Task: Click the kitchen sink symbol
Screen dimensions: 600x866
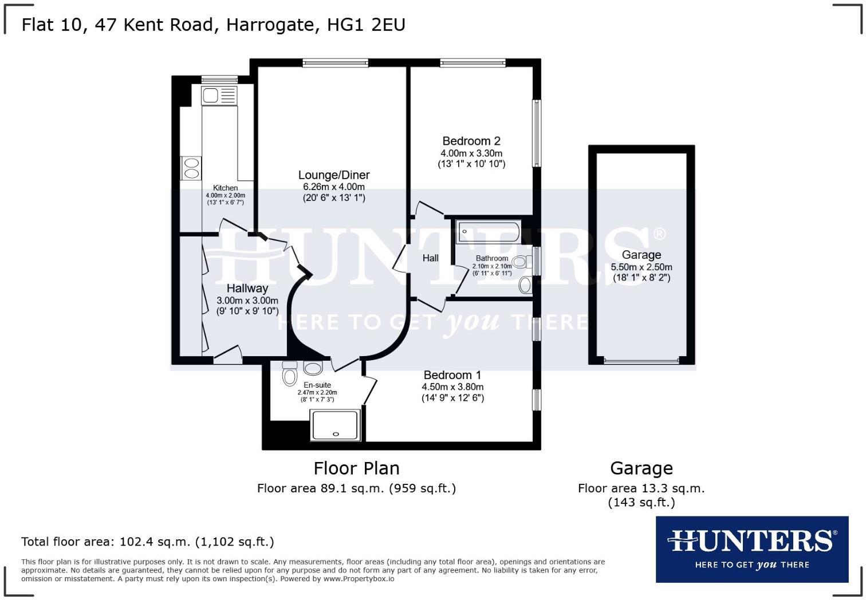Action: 219,96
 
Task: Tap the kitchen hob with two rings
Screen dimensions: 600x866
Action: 191,168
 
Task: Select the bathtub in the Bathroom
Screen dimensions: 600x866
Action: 488,232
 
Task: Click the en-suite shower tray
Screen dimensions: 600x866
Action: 335,425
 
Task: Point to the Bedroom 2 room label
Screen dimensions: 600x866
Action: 471,141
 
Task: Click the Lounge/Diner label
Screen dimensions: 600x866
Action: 334,175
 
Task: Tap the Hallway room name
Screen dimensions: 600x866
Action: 247,289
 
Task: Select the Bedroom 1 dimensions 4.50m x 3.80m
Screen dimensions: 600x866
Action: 452,387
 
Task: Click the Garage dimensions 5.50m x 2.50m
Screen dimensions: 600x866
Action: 641,267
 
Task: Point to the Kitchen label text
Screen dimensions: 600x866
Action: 226,188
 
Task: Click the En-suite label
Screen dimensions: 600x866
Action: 317,385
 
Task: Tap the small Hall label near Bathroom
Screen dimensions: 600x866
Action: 431,258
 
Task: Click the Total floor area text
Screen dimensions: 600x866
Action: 148,542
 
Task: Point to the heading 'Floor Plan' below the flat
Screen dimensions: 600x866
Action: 356,468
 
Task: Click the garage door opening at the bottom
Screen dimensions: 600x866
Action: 641,361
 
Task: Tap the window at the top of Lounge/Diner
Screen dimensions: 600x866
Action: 336,63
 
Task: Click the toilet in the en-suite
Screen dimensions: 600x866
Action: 290,376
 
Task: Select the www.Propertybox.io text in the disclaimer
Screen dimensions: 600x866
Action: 359,579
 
